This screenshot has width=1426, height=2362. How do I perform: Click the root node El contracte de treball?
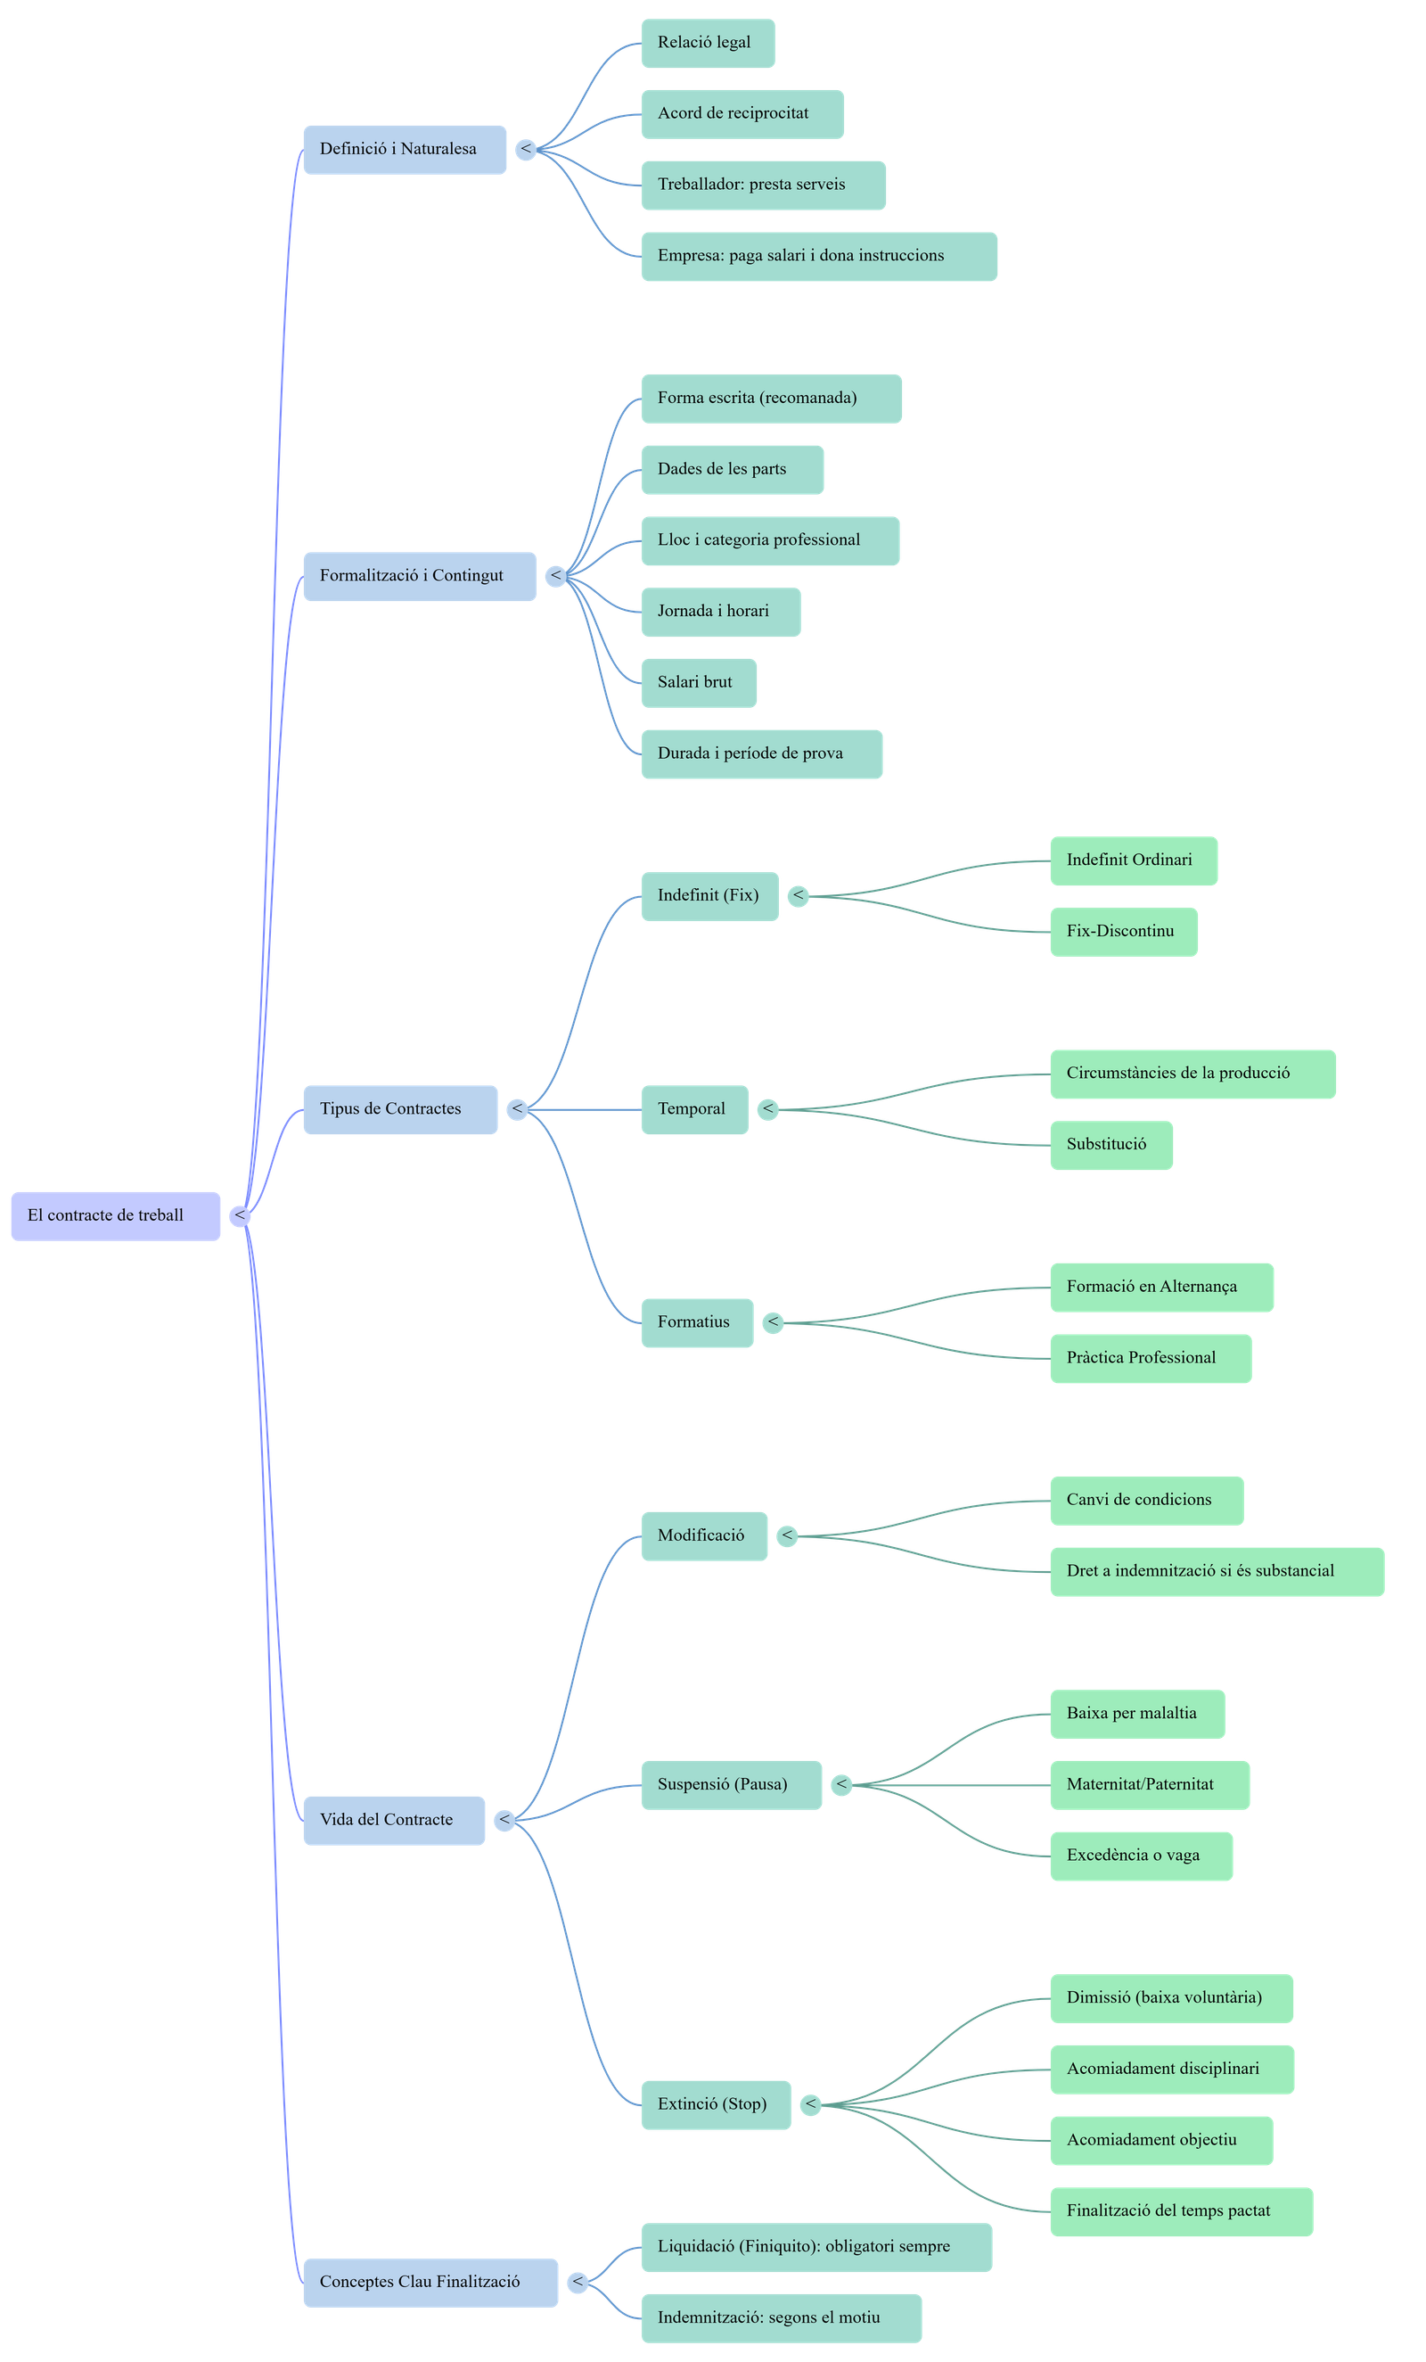click(115, 1215)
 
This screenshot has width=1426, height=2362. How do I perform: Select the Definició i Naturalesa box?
click(405, 150)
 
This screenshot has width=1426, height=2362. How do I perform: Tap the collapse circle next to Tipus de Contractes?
click(518, 1109)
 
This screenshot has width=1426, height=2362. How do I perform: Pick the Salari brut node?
click(698, 682)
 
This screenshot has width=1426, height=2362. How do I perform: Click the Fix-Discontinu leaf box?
click(1123, 931)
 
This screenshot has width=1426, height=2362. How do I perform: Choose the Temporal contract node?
click(693, 1109)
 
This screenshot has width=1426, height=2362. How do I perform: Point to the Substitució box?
click(1110, 1145)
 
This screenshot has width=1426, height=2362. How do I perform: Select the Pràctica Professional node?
click(1150, 1358)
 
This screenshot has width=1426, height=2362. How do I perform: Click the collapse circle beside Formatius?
click(773, 1323)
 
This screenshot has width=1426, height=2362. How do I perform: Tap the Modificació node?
click(703, 1535)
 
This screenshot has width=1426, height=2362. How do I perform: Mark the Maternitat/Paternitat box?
click(1149, 1785)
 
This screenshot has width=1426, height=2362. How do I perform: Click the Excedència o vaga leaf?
click(1141, 1856)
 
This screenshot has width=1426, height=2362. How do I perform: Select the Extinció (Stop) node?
click(715, 2104)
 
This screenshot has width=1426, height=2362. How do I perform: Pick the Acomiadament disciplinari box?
click(1171, 2069)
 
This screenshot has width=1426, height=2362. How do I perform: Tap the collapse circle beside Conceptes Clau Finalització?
click(578, 2283)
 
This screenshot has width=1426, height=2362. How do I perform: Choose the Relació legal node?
click(708, 43)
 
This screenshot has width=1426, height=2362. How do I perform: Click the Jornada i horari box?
click(720, 612)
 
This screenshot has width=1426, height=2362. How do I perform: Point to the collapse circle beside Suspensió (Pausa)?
click(841, 1785)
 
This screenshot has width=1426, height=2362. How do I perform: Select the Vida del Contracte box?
click(393, 1821)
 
